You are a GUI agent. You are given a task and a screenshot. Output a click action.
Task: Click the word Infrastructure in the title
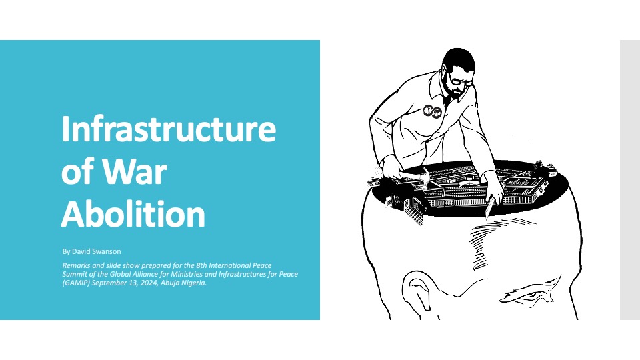tap(169, 129)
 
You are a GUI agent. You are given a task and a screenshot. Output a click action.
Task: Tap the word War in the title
tap(134, 171)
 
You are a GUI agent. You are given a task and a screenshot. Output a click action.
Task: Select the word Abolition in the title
tap(133, 213)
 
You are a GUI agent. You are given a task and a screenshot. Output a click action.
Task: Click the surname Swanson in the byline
tap(107, 251)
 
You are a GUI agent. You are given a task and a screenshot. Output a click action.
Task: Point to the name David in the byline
tap(81, 251)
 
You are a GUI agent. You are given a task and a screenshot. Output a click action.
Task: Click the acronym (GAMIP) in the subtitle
tap(76, 283)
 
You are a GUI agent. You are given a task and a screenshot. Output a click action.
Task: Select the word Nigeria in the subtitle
tap(194, 283)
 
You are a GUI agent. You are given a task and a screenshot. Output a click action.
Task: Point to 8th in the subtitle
tap(201, 265)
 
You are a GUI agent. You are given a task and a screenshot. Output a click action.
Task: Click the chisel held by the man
tap(489, 208)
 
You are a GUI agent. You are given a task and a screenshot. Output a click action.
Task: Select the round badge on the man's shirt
tap(432, 111)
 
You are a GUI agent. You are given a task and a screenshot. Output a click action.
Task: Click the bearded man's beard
tap(454, 90)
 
